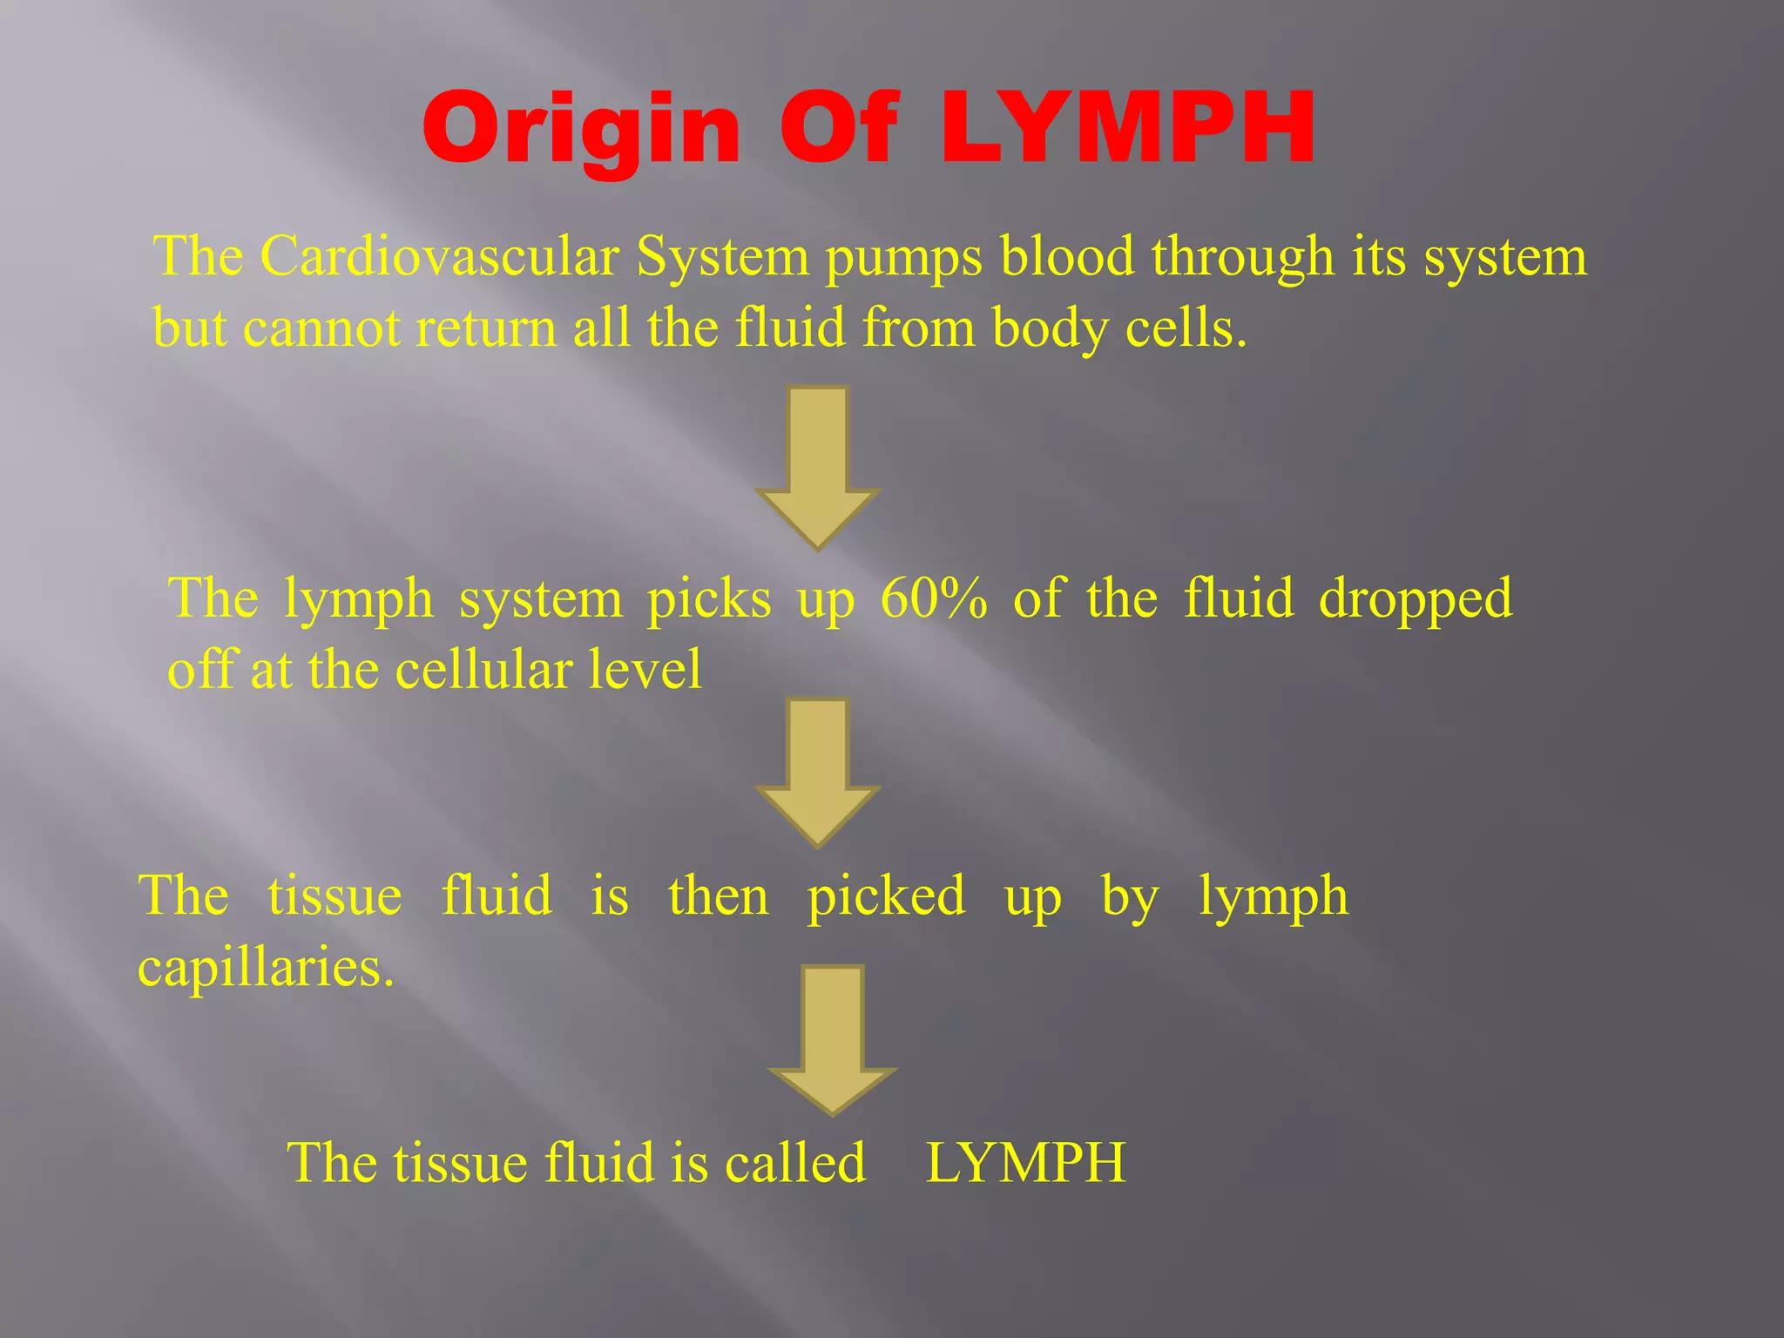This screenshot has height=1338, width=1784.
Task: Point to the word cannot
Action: coord(321,328)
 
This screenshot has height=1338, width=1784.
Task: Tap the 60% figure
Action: coord(934,599)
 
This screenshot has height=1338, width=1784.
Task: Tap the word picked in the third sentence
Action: coord(886,897)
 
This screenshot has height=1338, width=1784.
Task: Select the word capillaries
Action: coord(266,969)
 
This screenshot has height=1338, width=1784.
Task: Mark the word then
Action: coord(719,896)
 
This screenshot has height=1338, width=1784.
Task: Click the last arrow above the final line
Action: coord(833,1037)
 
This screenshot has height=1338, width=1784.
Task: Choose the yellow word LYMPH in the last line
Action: coord(1025,1163)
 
